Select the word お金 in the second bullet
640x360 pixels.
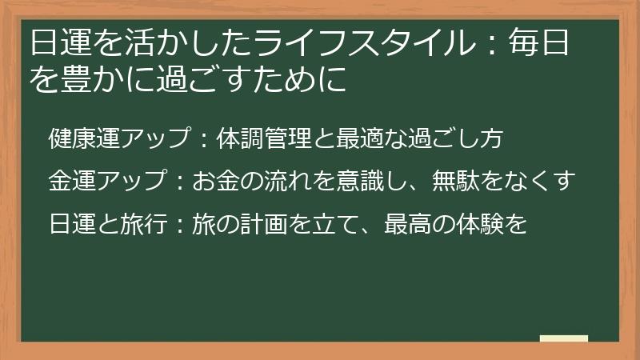click(216, 181)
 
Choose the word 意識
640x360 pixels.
click(363, 181)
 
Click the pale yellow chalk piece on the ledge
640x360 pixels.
click(563, 338)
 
